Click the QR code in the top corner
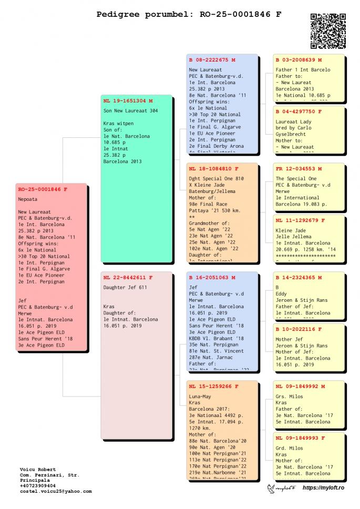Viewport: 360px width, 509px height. point(328,31)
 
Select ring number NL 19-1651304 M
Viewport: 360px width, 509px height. point(128,100)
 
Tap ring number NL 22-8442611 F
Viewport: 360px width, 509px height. point(128,277)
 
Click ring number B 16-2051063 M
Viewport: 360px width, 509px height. point(212,277)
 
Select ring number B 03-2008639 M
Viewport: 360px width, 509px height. point(299,60)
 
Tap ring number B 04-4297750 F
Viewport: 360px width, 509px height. point(299,111)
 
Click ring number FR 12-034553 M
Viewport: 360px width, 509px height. point(299,169)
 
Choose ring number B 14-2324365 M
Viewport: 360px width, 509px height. point(299,277)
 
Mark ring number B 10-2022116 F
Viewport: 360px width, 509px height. point(299,329)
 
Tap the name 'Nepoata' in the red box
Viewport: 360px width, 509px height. point(28,200)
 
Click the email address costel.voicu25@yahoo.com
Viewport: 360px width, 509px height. point(56,491)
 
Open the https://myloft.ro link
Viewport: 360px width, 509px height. point(323,488)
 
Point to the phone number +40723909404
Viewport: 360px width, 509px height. point(37,485)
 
